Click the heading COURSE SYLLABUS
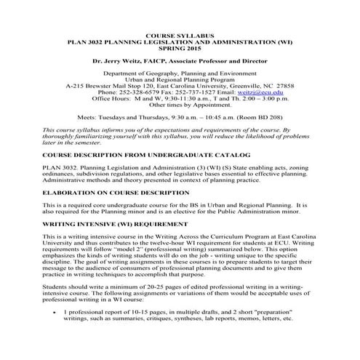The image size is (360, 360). coord(180,33)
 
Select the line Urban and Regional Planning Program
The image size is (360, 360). coord(180,78)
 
